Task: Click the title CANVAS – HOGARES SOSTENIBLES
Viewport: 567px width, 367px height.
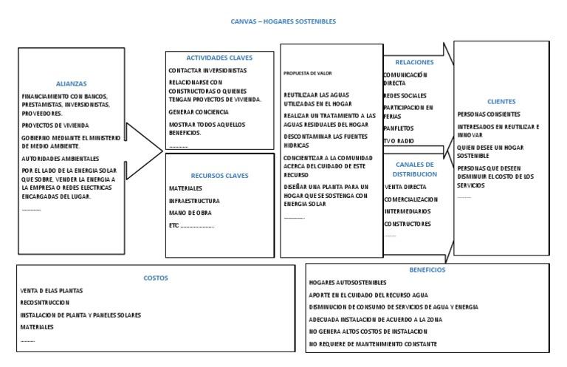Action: (x=283, y=21)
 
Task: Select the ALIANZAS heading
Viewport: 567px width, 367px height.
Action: (x=72, y=83)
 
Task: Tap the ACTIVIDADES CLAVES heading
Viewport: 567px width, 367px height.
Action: (x=219, y=58)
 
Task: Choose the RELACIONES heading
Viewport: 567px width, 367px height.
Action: (x=414, y=62)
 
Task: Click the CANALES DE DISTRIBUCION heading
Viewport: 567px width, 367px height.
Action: (x=416, y=169)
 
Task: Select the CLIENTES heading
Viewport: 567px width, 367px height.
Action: (x=501, y=101)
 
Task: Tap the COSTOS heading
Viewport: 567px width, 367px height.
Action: (x=156, y=278)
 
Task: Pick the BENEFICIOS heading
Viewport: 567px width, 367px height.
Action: (x=427, y=270)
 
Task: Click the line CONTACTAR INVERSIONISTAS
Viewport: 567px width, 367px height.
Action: (x=207, y=71)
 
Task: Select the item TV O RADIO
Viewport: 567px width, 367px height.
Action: (x=399, y=140)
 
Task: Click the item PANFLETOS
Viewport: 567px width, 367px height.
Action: (x=399, y=128)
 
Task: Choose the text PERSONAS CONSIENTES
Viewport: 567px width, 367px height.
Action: (x=489, y=114)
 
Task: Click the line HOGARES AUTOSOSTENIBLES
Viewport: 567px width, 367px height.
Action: (x=347, y=283)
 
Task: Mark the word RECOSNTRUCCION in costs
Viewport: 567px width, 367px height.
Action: (x=45, y=303)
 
